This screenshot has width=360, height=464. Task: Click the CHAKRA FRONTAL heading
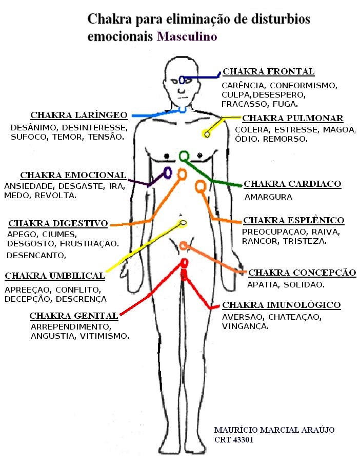click(x=268, y=72)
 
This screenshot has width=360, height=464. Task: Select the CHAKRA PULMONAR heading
click(x=292, y=119)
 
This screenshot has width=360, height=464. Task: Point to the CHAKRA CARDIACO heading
click(x=292, y=184)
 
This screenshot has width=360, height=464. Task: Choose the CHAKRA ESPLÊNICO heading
click(x=293, y=220)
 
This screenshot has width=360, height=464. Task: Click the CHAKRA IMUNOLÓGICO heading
click(x=281, y=305)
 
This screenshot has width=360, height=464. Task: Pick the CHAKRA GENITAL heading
click(x=74, y=315)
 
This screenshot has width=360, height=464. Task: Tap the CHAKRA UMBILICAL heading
click(x=55, y=276)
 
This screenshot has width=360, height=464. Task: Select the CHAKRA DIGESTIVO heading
click(x=58, y=223)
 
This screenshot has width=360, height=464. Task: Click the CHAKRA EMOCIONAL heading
click(x=73, y=175)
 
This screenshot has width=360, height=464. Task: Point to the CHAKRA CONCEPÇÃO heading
click(x=302, y=272)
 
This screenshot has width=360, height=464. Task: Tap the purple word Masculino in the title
click(x=187, y=37)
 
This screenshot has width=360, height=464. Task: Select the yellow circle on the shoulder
click(x=206, y=134)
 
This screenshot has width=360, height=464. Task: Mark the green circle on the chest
click(x=184, y=156)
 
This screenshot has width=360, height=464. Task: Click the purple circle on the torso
click(x=167, y=172)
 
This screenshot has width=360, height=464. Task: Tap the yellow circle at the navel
click(x=183, y=223)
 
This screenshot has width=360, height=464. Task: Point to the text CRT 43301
click(x=233, y=440)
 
